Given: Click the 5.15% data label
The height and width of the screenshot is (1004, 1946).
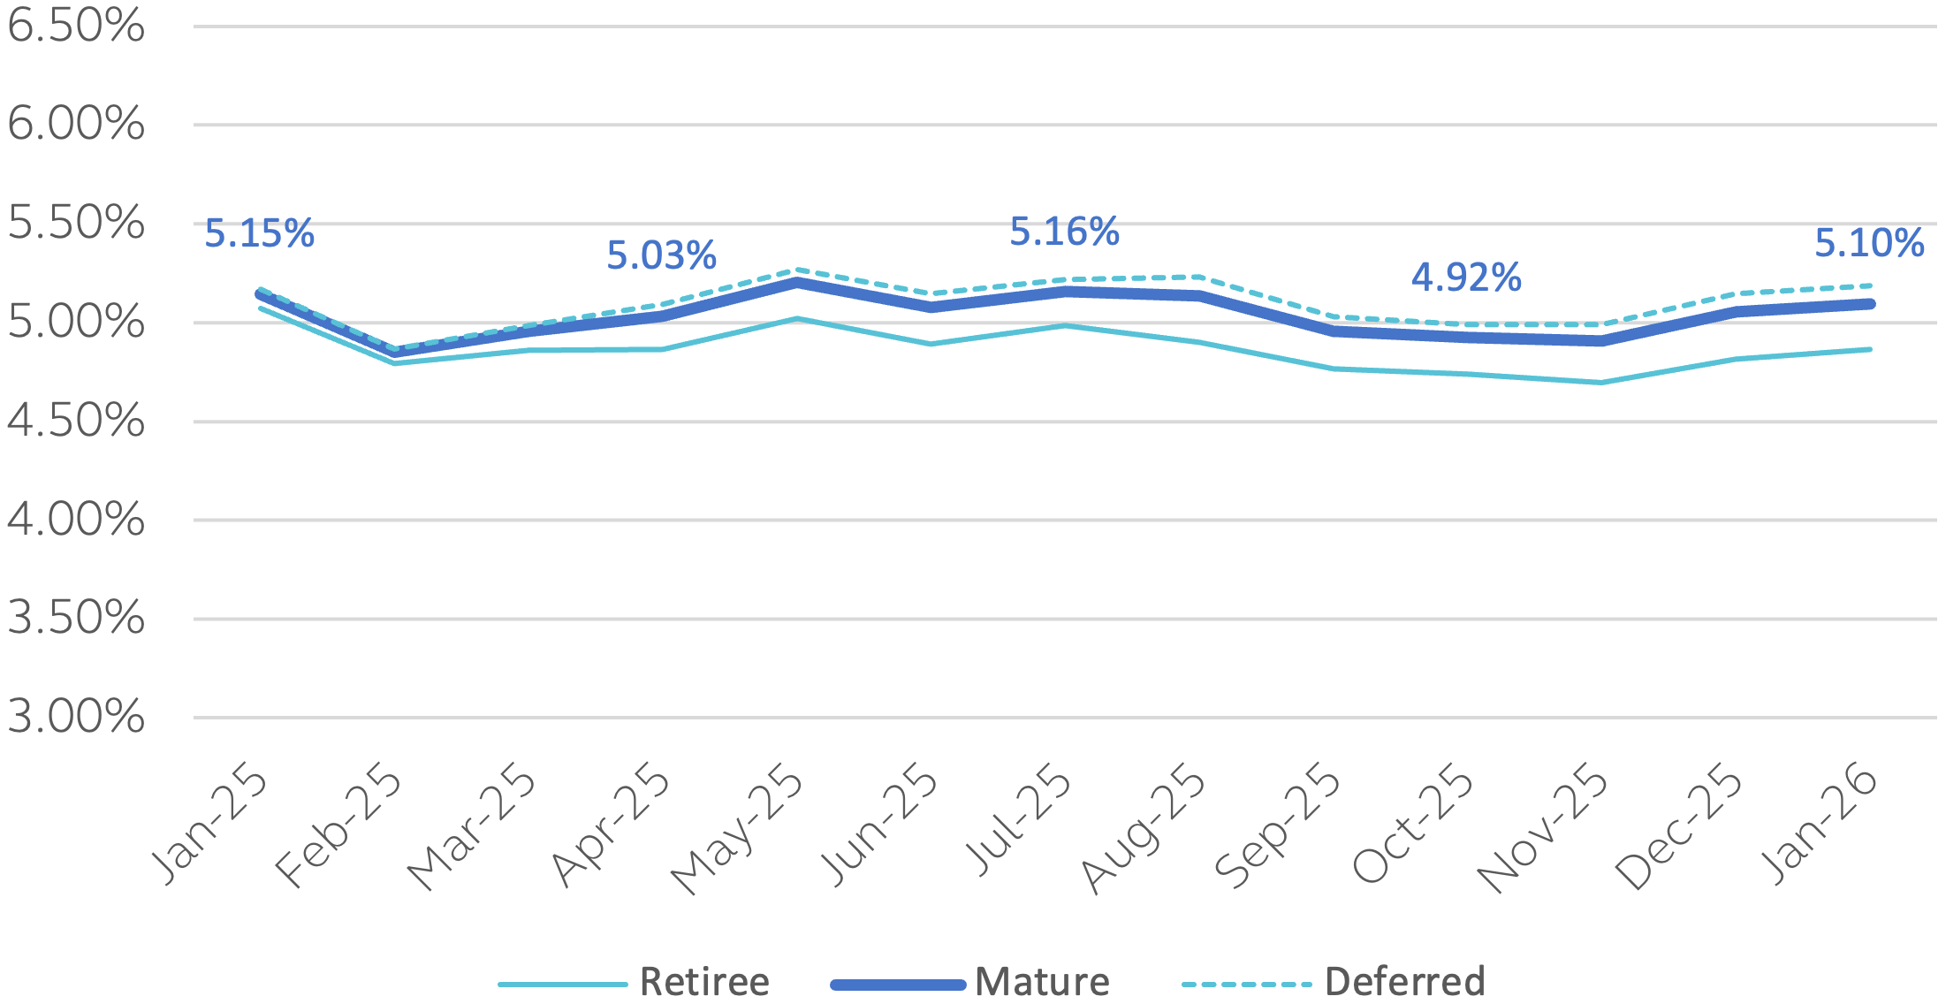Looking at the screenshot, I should [259, 234].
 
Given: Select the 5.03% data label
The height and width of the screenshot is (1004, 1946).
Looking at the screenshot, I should [661, 256].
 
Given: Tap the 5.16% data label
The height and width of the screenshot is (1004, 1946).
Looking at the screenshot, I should [1064, 232].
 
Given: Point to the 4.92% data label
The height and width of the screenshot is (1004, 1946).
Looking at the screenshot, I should [1466, 278].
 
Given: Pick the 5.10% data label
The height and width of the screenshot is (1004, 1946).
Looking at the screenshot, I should [1869, 244].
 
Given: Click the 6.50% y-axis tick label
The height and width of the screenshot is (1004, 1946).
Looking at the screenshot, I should [75, 27].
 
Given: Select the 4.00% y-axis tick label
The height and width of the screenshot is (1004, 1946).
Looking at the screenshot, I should [75, 520].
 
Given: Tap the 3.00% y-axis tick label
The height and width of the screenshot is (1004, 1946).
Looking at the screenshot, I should [75, 717].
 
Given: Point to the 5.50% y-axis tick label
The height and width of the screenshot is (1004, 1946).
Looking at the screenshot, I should [75, 224].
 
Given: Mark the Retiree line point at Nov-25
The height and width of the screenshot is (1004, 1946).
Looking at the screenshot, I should [1600, 383].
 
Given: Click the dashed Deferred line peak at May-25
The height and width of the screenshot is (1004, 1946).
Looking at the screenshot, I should [796, 270].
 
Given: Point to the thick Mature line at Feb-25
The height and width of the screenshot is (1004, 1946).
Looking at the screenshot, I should [394, 353].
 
